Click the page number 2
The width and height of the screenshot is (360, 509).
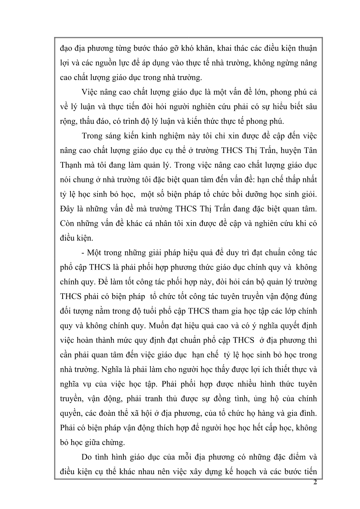pyautogui.click(x=315, y=483)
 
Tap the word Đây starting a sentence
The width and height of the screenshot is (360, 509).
pyautogui.click(x=67, y=209)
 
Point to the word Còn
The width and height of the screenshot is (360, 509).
pyautogui.click(x=67, y=223)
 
